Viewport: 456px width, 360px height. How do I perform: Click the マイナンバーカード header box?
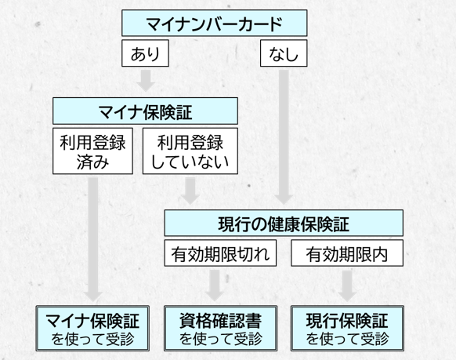click(x=215, y=23)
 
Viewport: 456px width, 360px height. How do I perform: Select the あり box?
click(x=146, y=53)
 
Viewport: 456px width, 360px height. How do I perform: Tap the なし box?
click(x=284, y=53)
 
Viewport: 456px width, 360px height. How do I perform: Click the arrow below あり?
click(x=146, y=81)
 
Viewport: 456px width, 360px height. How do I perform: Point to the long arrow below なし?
click(x=284, y=136)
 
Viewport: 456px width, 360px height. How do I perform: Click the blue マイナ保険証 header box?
click(x=145, y=111)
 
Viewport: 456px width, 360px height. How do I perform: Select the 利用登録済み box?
click(x=92, y=151)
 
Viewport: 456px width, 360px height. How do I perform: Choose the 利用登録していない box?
click(x=190, y=151)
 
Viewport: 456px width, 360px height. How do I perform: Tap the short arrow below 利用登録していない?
click(x=190, y=191)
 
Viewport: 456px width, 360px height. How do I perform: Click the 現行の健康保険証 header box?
click(x=284, y=223)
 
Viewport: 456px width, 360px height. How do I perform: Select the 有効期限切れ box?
click(x=220, y=253)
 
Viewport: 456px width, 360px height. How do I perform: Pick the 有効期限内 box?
click(x=347, y=253)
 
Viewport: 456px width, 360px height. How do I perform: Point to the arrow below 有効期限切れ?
click(x=215, y=285)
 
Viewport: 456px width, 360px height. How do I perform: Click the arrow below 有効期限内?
click(x=347, y=285)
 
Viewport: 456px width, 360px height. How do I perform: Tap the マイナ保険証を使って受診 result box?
click(x=92, y=329)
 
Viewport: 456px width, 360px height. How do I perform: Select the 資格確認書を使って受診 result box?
click(x=220, y=329)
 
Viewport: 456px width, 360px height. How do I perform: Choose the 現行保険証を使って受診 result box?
click(x=347, y=329)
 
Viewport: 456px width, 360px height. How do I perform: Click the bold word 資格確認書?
click(x=220, y=321)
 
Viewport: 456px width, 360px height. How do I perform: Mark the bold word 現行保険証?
click(x=347, y=321)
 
